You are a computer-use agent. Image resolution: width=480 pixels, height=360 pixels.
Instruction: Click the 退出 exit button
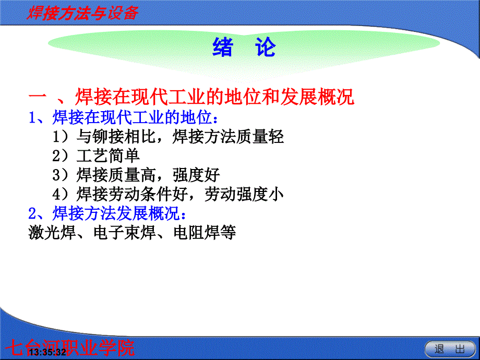pos(449,349)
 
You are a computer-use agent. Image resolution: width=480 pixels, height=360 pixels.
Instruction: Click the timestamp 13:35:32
pos(48,352)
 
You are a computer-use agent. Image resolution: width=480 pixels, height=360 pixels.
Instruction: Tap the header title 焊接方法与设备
pos(82,14)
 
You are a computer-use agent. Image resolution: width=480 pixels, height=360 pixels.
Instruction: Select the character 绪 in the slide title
pos(223,47)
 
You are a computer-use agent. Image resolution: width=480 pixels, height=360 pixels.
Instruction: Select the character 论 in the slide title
pos(266,47)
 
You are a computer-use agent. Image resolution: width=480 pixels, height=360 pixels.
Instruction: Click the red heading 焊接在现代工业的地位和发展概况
pos(214,97)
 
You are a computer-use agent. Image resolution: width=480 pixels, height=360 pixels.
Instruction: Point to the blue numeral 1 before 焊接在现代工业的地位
pos(33,117)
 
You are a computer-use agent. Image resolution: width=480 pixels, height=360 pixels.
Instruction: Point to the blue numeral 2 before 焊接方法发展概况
pos(32,213)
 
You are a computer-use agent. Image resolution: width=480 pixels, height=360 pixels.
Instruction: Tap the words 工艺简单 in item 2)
pos(109,156)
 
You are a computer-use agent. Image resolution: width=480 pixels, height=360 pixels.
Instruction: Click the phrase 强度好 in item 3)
pos(196,175)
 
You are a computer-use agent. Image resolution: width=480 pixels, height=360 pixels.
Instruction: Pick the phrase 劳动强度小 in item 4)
pos(244,194)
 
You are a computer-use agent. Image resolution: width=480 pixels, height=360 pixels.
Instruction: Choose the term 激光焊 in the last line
pos(52,232)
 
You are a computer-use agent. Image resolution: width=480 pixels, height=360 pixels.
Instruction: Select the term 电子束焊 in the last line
pos(124,232)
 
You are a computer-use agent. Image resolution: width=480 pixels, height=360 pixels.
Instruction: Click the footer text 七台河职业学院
pos(70,348)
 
